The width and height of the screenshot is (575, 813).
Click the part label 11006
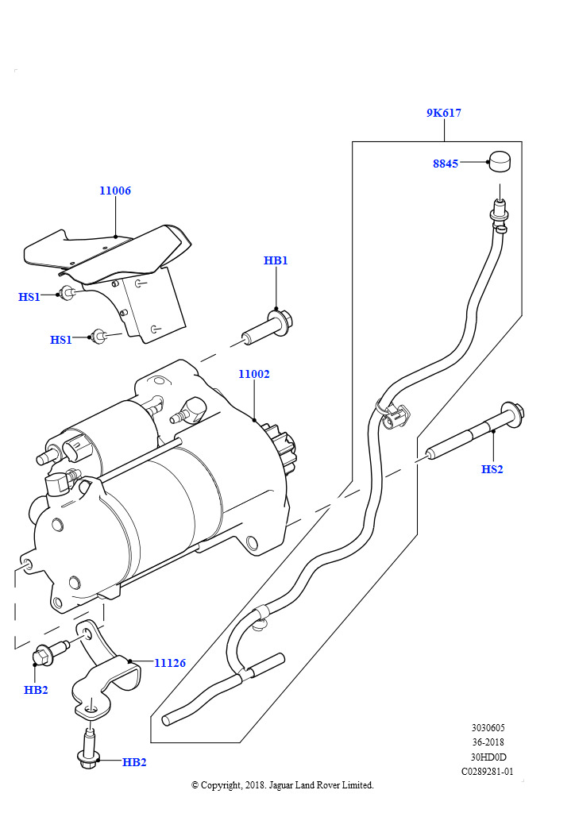click(x=115, y=191)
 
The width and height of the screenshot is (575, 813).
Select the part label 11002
click(x=254, y=373)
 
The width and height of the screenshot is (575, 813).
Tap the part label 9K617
click(x=443, y=113)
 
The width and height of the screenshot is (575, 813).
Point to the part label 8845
click(x=446, y=164)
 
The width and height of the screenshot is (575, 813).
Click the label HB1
click(x=276, y=260)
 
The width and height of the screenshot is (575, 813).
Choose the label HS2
click(x=492, y=469)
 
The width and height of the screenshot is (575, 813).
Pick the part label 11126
click(x=169, y=662)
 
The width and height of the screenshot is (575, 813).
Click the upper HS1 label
click(x=29, y=297)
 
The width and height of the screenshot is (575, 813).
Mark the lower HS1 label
click(x=61, y=340)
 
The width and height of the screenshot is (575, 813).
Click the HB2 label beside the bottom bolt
click(x=134, y=762)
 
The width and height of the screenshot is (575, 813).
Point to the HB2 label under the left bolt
click(x=36, y=690)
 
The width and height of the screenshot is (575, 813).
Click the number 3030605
click(x=488, y=727)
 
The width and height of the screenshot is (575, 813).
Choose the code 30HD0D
click(x=488, y=757)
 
